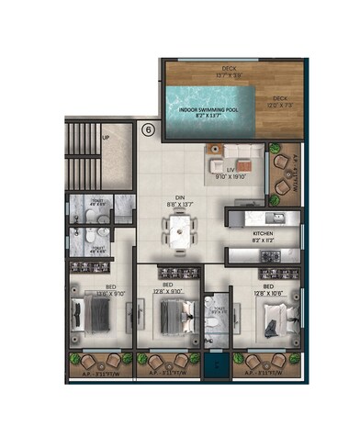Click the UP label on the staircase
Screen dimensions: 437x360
click(107, 139)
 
